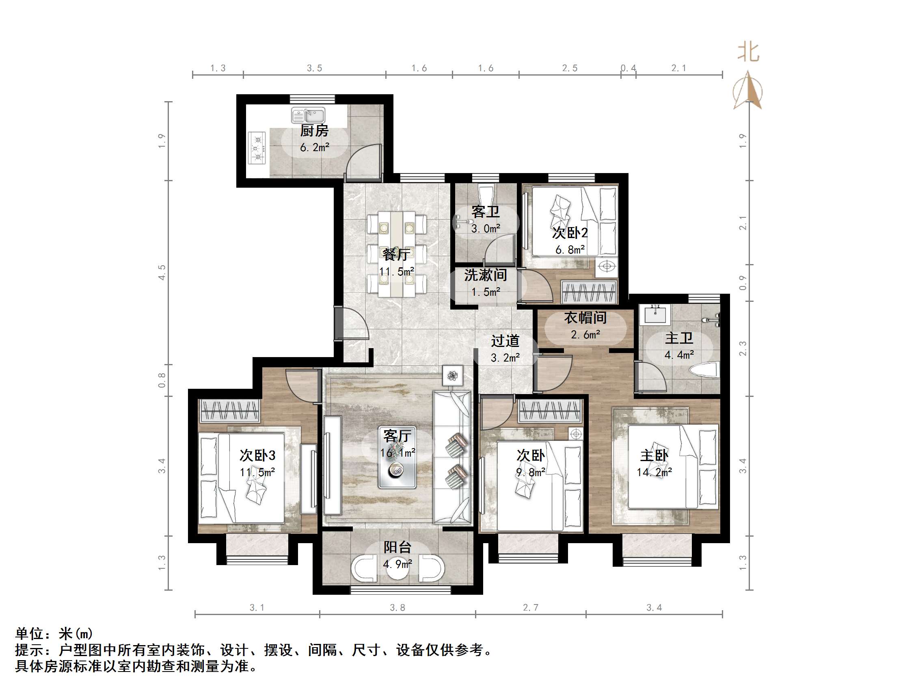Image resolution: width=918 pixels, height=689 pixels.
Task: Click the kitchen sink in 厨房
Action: pos(308,115)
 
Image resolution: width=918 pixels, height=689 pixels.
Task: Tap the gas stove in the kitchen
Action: pos(257,148)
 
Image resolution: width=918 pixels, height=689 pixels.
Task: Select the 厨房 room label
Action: pos(314,131)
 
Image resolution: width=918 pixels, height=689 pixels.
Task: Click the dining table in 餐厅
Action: pos(397,254)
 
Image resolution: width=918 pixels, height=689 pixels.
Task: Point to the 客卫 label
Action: pos(485,212)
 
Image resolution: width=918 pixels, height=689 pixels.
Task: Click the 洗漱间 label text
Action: pos(485,275)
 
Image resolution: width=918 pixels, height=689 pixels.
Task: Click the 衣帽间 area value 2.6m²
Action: pos(585,335)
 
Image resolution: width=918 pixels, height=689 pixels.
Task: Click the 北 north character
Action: pos(748,53)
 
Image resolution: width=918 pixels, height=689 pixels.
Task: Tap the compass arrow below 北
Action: pos(748,91)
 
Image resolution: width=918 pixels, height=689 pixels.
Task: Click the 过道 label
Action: pos(505,341)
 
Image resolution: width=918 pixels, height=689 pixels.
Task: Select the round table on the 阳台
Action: pos(397,569)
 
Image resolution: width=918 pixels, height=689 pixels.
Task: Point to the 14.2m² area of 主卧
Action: pos(654,472)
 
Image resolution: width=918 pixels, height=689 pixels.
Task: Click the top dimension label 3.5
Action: pos(314,68)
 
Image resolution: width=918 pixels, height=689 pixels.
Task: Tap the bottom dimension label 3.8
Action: pos(397,608)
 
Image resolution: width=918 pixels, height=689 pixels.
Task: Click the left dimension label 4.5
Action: pos(162,273)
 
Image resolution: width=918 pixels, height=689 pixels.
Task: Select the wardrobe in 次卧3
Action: pos(229,411)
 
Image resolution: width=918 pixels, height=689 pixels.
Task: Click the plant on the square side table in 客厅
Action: pos(452,376)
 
